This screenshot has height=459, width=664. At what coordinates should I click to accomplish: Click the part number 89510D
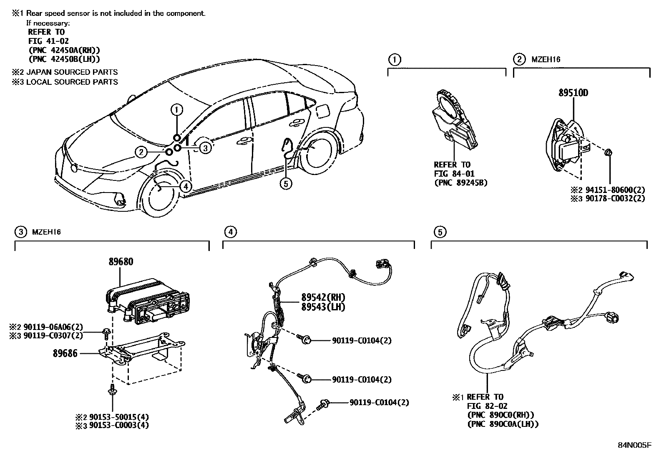click(573, 93)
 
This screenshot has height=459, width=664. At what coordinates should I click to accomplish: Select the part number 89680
click(121, 262)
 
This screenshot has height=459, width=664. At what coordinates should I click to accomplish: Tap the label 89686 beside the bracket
click(65, 353)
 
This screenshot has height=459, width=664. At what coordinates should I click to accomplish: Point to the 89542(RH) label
click(323, 298)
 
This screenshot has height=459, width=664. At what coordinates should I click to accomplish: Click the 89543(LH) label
click(323, 307)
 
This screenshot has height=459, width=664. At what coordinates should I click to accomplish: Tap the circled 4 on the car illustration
click(186, 186)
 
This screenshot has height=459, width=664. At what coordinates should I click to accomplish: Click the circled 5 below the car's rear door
click(286, 183)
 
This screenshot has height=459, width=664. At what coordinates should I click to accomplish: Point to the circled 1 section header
click(394, 59)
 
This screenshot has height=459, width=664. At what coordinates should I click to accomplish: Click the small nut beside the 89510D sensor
click(608, 152)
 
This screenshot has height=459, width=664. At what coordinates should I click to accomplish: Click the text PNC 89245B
click(460, 183)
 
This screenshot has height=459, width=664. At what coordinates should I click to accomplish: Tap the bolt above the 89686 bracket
click(106, 333)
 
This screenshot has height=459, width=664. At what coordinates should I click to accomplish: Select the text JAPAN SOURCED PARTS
click(72, 72)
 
